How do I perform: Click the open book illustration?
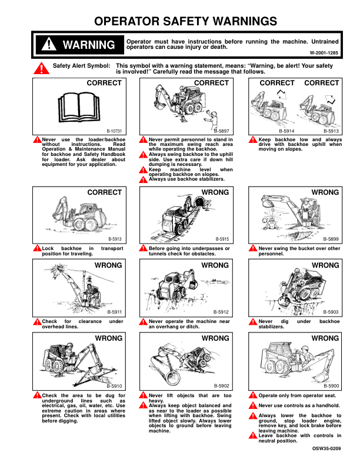pos(79,107)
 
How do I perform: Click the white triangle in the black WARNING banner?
pos(49,44)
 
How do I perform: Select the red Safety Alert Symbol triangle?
pos(41,68)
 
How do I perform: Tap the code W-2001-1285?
pos(324,53)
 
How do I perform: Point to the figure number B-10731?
pos(114,131)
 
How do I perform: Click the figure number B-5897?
pos(222,131)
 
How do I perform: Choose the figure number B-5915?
pos(222,239)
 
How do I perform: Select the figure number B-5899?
pos(331,239)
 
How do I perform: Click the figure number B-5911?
pos(115,312)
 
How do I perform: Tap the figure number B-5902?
pos(222,386)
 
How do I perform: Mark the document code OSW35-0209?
pos(326,448)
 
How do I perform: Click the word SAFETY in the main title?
pos(186,21)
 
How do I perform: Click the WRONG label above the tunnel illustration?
pos(215,192)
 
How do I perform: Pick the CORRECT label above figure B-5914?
pos(277,83)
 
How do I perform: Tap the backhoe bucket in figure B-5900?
pos(319,377)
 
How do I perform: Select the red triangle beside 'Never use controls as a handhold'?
pos(253,405)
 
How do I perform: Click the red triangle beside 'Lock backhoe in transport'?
pos(37,248)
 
